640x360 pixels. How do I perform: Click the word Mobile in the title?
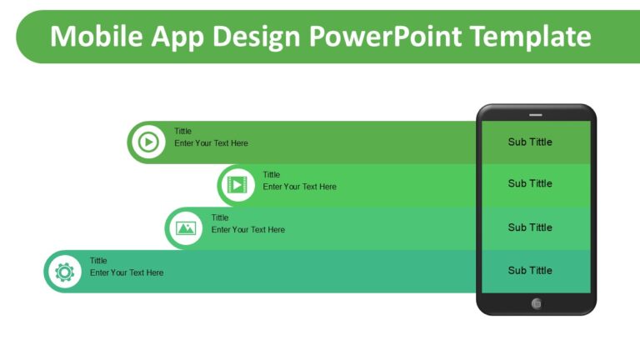90,36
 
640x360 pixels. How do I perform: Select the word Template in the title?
530,36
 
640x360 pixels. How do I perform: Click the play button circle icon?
148,142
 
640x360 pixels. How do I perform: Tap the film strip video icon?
237,185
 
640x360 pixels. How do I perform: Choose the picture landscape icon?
186,227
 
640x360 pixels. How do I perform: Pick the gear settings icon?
64,272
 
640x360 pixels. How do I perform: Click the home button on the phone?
536,303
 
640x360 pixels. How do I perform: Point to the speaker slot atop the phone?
536,113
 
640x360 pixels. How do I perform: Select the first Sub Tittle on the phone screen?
530,142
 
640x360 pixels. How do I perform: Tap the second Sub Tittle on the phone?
530,183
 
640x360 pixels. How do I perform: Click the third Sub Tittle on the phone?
530,227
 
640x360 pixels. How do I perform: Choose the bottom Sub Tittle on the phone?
530,270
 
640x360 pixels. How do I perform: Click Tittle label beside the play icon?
182,131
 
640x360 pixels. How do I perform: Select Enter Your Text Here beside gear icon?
127,272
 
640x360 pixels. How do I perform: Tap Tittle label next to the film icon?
272,175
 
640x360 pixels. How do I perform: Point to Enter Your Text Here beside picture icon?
247,229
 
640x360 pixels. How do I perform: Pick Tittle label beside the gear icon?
98,261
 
